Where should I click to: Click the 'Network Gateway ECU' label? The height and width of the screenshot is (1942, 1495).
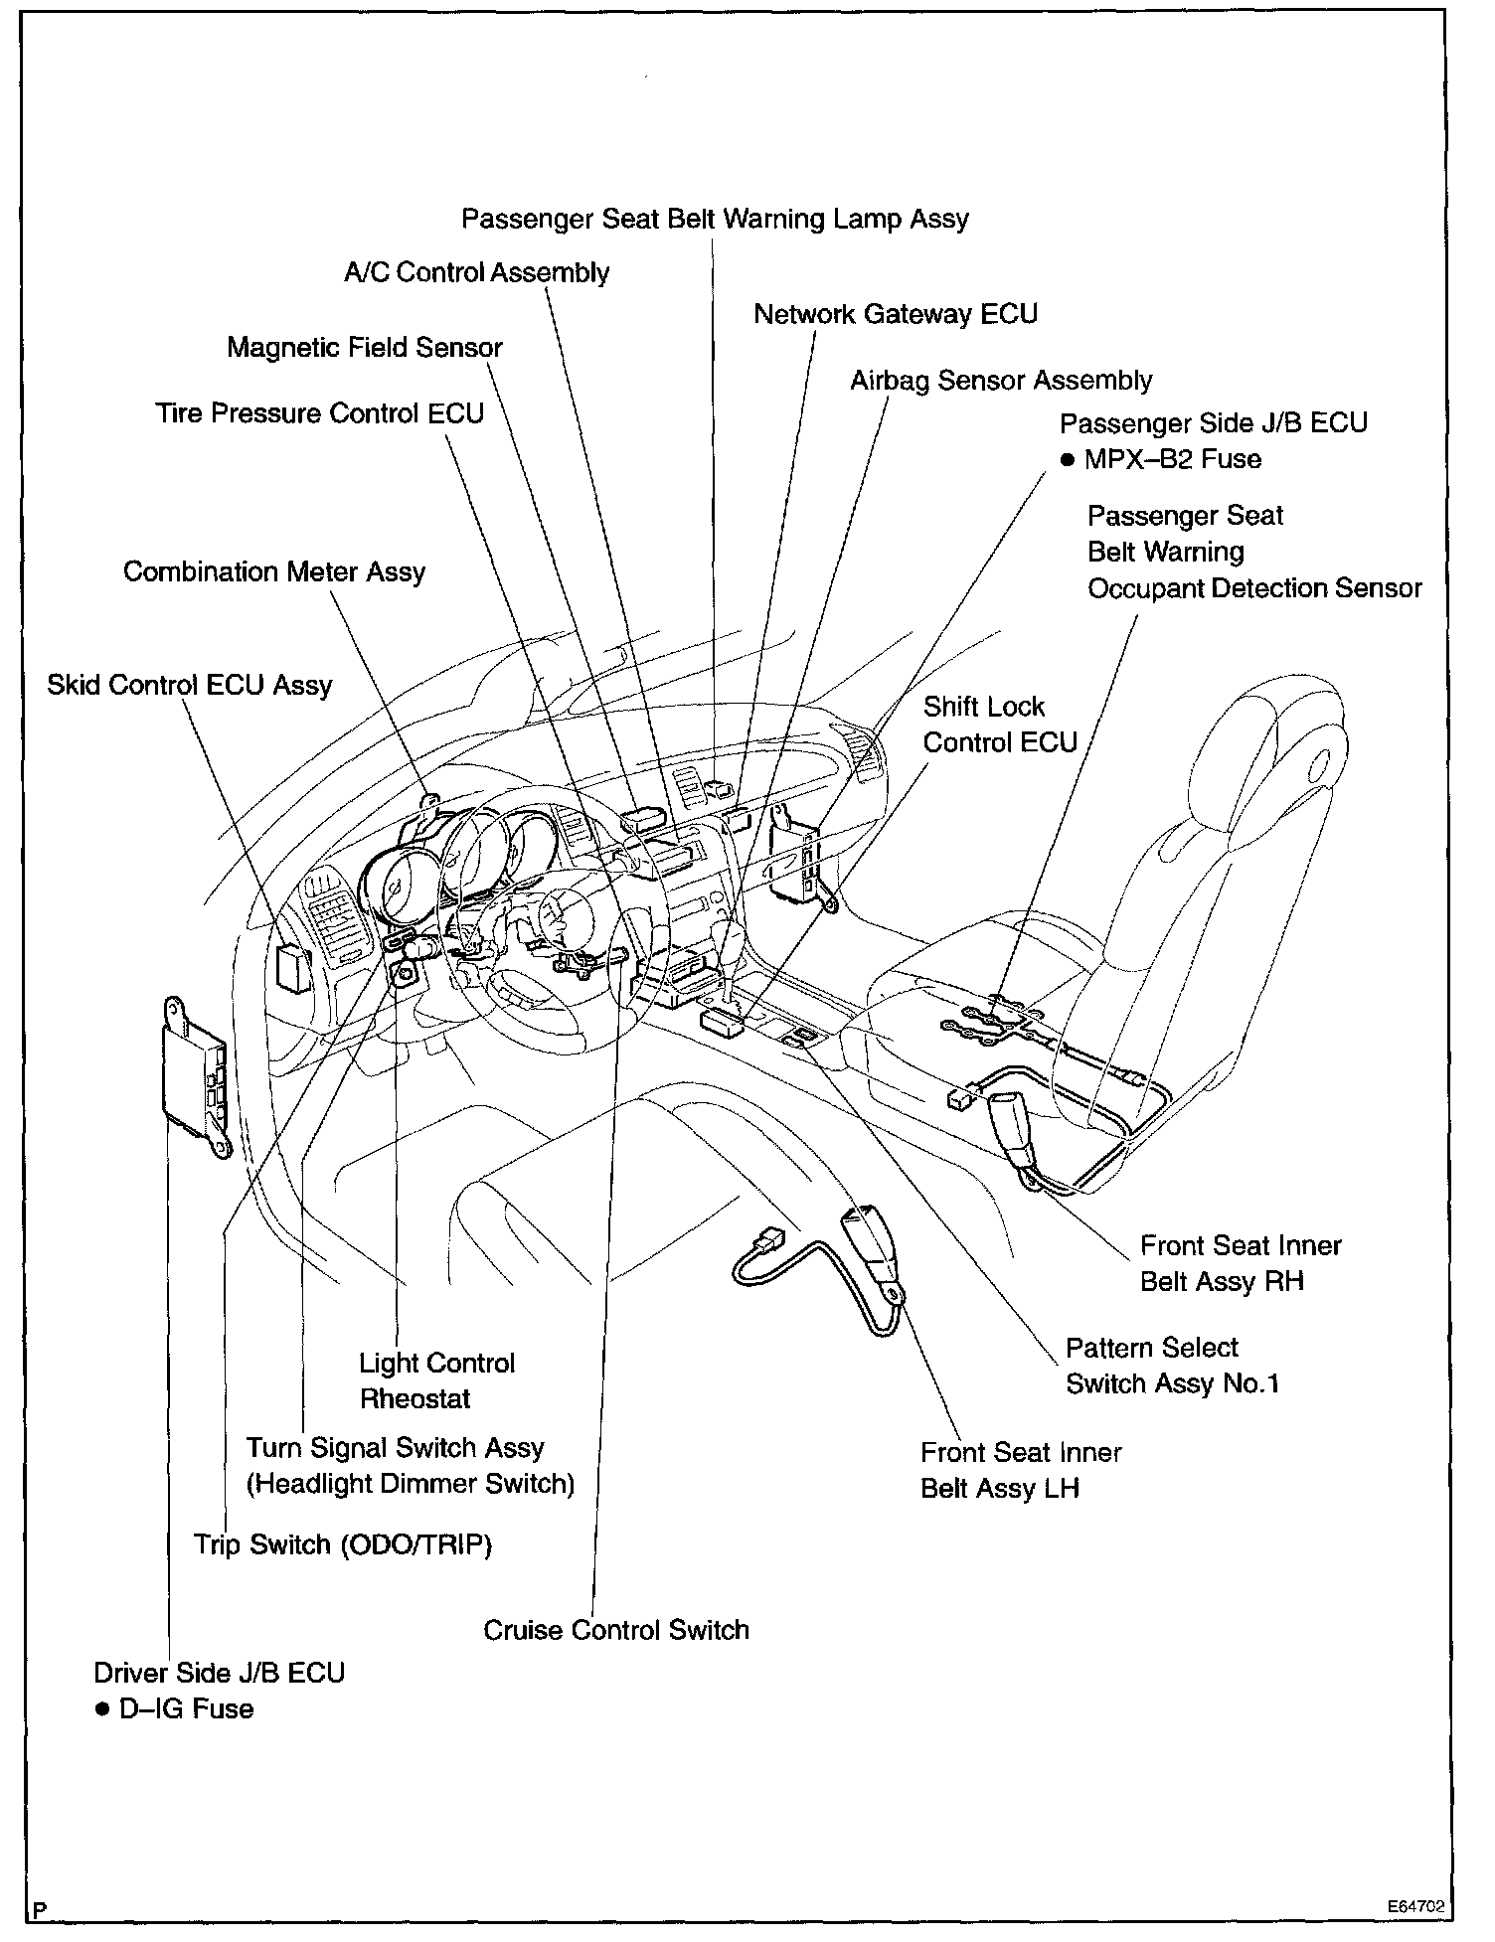tap(895, 314)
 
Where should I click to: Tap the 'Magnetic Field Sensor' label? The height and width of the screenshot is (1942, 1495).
tap(365, 347)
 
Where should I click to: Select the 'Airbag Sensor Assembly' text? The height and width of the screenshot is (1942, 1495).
tap(1000, 381)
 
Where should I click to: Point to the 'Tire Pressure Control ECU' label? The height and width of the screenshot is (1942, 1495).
tap(319, 412)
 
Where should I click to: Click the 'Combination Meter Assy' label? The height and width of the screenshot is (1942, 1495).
tap(274, 571)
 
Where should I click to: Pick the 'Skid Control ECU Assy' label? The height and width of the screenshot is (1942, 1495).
tap(189, 685)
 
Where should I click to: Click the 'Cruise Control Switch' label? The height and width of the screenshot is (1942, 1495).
tap(615, 1630)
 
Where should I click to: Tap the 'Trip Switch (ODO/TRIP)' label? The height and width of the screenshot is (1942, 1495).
tap(343, 1544)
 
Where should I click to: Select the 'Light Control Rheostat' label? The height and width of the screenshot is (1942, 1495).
tap(436, 1380)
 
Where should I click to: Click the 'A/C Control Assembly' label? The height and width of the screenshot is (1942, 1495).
tap(476, 272)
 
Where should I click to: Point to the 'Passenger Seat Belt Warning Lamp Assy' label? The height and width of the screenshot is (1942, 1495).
tap(715, 219)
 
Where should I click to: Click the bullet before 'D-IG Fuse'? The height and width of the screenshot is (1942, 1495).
tap(101, 1709)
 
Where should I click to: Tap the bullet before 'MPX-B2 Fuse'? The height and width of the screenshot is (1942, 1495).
tap(1068, 460)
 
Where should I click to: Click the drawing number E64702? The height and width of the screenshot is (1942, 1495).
tap(1416, 1907)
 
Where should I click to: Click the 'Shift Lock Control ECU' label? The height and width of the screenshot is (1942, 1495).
tap(999, 725)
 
